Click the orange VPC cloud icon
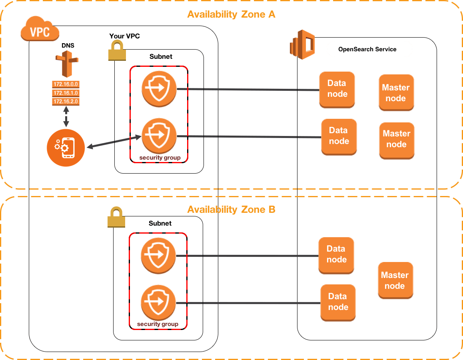pos(40,31)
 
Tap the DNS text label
pos(66,46)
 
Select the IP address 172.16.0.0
pos(66,84)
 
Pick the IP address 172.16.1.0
pos(66,93)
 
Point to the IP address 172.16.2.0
pos(66,102)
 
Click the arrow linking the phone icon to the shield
pos(114,142)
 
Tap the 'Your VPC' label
pos(124,36)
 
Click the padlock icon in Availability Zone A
pos(117,52)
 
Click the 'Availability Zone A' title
pos(231,15)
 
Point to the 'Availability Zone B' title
pos(231,210)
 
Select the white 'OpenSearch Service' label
pos(367,49)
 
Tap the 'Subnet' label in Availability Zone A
pos(160,57)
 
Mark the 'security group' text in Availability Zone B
pos(157,324)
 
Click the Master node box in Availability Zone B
pos(395,280)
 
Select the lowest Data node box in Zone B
pos(338,302)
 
